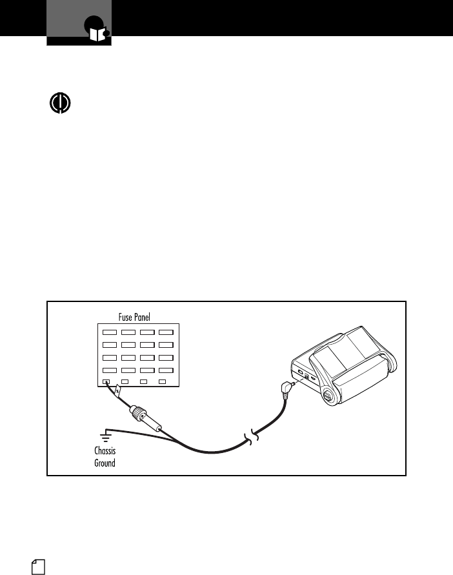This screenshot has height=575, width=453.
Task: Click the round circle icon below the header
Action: [x=60, y=104]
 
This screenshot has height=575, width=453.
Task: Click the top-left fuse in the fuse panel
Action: [x=109, y=332]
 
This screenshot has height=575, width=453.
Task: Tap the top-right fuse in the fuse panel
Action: [x=166, y=332]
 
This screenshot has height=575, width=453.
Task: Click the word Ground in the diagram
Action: [x=105, y=463]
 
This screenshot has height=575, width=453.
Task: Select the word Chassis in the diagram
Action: [x=105, y=451]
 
